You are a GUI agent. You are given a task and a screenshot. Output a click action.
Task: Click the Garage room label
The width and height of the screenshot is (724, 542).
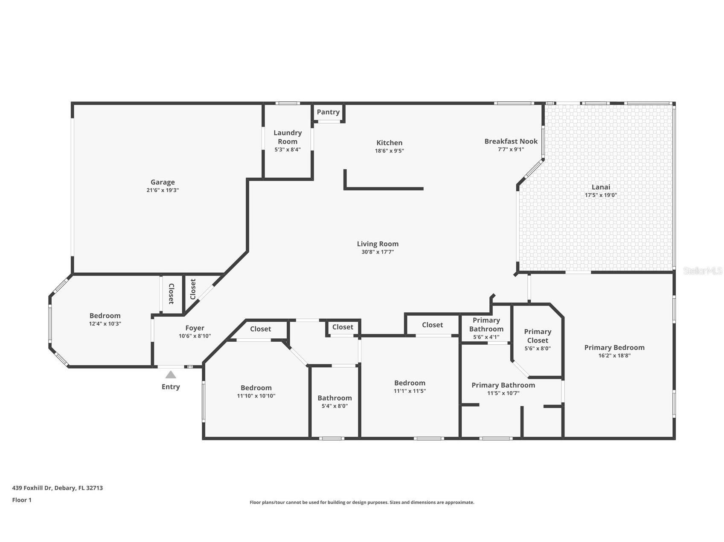163,182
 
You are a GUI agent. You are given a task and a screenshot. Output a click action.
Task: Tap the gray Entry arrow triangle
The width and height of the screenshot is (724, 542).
171,375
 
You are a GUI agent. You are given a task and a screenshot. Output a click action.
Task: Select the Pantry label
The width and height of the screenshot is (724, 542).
328,112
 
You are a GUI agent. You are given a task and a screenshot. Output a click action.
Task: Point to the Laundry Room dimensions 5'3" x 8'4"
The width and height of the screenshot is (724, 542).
288,150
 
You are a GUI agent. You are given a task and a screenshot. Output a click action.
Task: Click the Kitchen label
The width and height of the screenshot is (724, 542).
389,143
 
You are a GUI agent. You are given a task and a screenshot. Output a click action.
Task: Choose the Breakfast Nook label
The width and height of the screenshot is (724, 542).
511,141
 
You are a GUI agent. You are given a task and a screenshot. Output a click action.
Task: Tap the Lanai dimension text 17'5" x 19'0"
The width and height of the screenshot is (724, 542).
601,195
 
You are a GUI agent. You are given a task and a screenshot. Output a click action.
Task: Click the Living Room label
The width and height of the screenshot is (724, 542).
378,244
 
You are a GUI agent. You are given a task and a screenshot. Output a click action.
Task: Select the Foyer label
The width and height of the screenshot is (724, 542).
195,328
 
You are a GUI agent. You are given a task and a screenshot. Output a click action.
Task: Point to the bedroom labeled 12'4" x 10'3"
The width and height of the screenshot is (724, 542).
105,316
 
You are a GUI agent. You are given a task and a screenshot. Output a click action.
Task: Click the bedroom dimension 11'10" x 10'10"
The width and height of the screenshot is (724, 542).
256,396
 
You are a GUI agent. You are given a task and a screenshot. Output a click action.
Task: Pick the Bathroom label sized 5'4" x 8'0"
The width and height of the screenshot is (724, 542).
334,398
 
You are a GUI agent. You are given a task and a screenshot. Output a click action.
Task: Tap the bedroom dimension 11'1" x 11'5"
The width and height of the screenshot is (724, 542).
410,391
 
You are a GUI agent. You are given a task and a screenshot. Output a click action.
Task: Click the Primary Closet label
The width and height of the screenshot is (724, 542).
538,336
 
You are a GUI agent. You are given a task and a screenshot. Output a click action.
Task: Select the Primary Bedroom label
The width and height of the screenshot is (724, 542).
614,348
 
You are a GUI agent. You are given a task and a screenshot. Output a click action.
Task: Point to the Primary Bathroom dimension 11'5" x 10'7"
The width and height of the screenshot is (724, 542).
503,393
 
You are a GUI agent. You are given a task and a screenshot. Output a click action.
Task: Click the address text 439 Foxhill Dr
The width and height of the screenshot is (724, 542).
57,488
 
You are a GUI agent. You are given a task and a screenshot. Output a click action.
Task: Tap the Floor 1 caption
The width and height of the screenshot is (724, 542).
22,500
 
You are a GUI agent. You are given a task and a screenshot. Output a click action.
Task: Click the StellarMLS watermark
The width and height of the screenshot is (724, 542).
702,271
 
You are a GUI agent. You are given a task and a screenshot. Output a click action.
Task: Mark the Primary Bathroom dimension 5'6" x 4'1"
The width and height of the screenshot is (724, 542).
486,337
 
